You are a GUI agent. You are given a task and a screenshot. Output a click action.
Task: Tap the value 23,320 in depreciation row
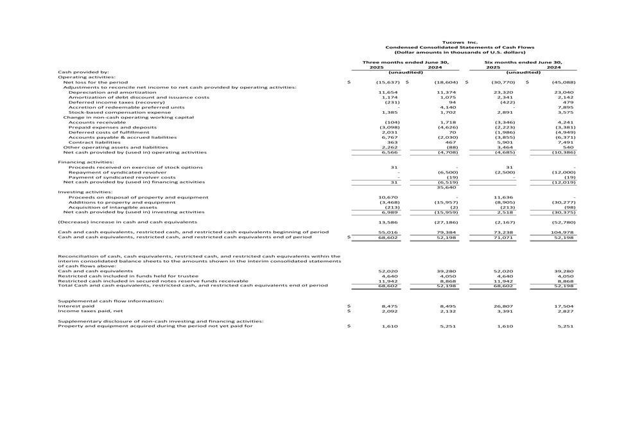[502, 92]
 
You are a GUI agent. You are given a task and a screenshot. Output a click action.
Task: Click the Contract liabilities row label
[94, 142]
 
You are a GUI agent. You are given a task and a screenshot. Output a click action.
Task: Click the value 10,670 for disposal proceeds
[388, 197]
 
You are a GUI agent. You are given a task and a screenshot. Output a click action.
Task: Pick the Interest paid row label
[76, 306]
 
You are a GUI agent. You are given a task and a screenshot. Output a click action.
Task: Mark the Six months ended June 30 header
[523, 62]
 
